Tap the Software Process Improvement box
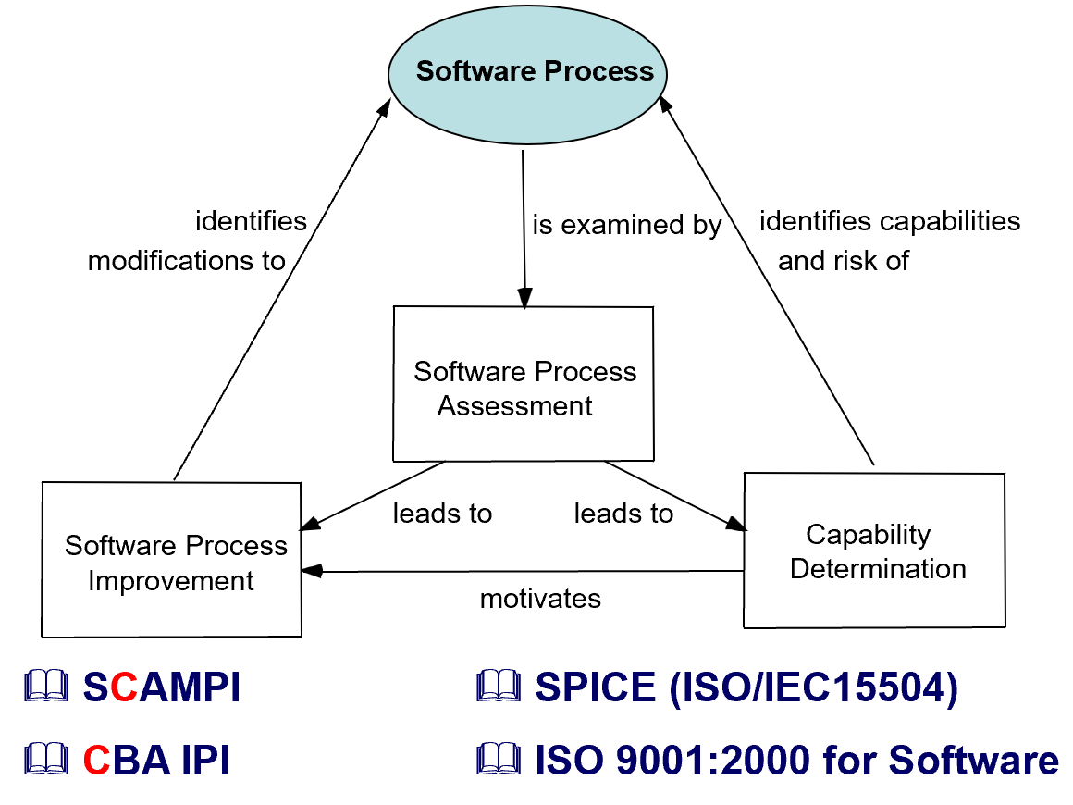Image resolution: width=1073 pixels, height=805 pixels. pos(172,559)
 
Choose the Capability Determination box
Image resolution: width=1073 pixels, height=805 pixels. pos(875,551)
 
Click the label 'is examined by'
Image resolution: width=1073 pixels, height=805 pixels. pos(626,225)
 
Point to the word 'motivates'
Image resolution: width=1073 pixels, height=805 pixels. pos(540,599)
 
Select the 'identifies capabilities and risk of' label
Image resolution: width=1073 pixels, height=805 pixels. pos(888,241)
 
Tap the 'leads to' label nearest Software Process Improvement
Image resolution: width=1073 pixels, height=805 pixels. pos(442,513)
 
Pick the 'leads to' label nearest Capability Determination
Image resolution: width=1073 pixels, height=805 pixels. pos(623,513)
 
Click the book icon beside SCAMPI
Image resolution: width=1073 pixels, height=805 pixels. pos(46,687)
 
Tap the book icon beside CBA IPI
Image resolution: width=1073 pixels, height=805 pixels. pos(46,760)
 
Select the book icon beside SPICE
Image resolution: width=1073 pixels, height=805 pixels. pos(499,687)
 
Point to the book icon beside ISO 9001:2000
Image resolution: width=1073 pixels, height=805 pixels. pos(499,760)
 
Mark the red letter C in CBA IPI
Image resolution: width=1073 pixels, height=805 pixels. pos(97,761)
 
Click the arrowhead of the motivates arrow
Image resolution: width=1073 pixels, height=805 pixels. pos(312,571)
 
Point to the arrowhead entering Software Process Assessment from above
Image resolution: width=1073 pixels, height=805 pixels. pos(524,300)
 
